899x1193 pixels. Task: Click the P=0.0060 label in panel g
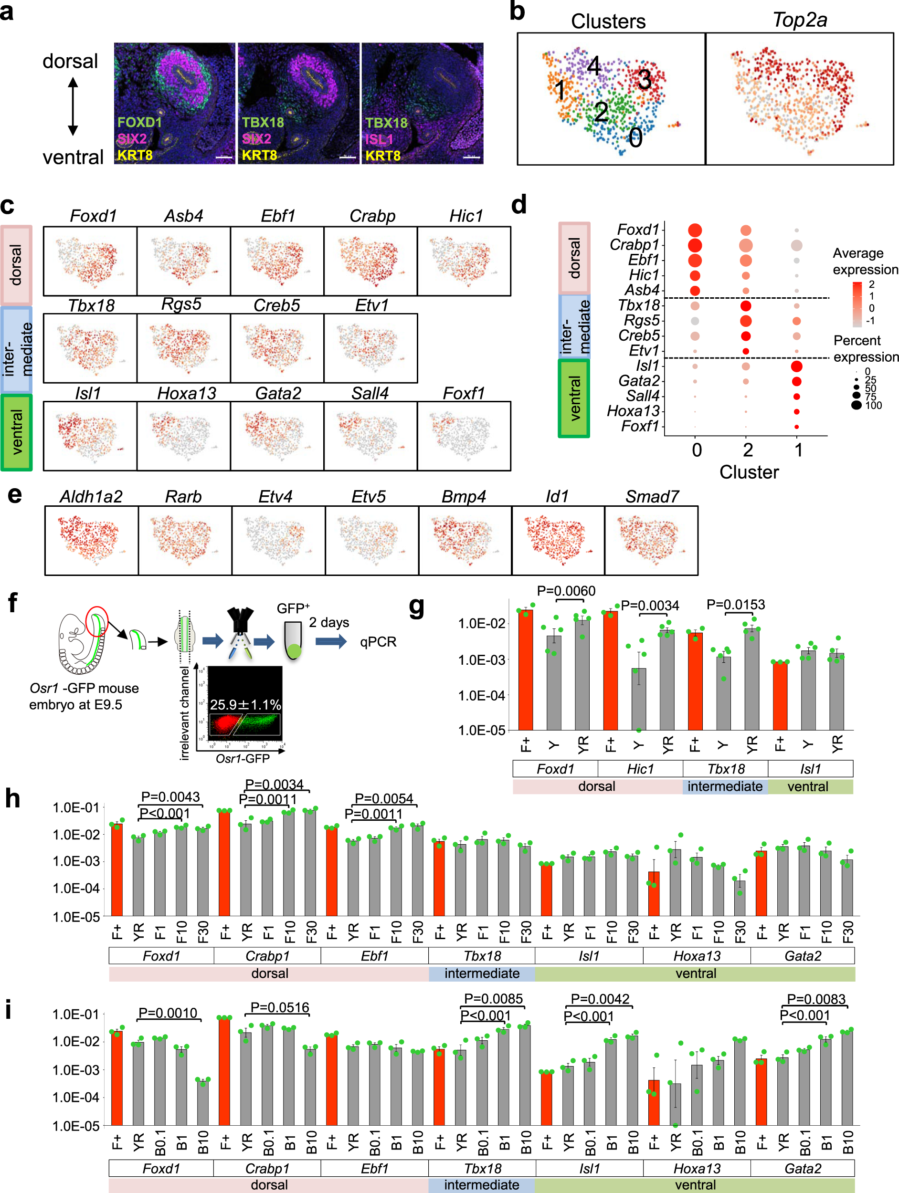pos(566,591)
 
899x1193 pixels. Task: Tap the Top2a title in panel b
pos(799,20)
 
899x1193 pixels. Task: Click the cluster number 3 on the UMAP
pos(645,80)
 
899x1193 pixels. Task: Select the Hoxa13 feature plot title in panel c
pos(186,393)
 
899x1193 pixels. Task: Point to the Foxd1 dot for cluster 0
pos(695,230)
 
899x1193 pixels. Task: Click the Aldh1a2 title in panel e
pos(91,497)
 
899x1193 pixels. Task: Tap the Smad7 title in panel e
pos(652,497)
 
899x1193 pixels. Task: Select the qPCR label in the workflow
pos(378,642)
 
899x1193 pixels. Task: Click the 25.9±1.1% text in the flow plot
pos(245,704)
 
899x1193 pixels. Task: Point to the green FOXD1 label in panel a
pos(140,123)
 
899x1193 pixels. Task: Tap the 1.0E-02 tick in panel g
pos(482,624)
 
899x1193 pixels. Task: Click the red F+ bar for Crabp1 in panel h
pos(224,863)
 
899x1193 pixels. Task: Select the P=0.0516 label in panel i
pos(279,1007)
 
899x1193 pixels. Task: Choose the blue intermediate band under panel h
pos(482,973)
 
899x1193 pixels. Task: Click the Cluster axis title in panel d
pos(749,472)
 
